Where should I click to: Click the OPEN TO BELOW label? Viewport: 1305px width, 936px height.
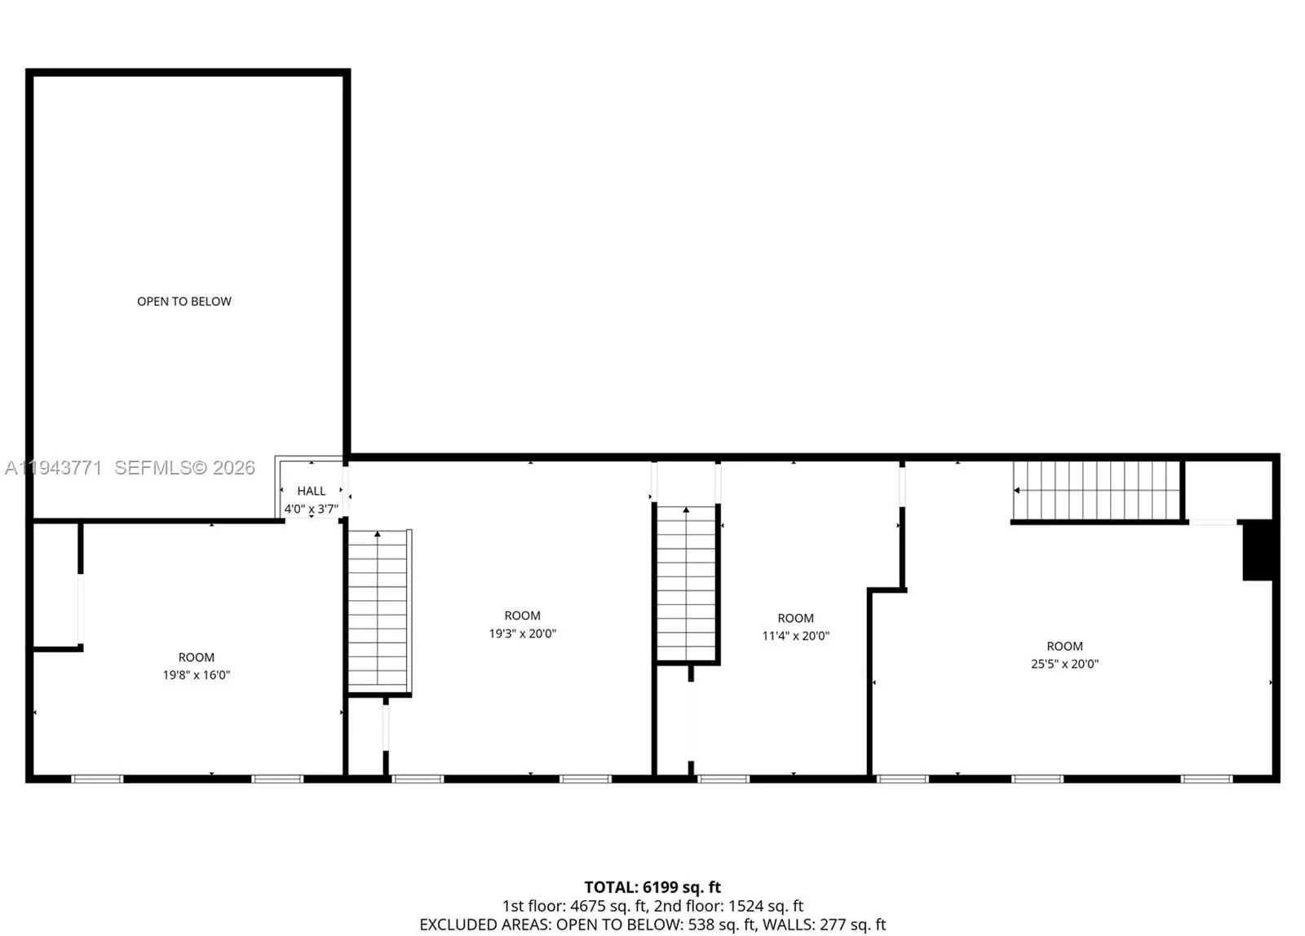point(184,302)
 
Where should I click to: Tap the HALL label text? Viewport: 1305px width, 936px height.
point(311,491)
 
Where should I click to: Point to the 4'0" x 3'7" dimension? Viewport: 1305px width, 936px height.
point(311,509)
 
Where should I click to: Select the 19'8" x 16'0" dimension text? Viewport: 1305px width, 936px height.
point(197,675)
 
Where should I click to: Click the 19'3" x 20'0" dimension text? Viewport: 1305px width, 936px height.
point(522,634)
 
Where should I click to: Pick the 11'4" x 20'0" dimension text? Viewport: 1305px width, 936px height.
point(795,636)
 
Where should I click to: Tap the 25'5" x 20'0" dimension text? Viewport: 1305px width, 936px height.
point(1064,664)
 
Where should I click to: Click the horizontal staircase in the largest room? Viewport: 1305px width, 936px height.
point(1097,490)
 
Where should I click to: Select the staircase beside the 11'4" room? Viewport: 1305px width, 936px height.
point(687,583)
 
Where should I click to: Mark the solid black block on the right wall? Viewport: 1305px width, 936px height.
point(1257,550)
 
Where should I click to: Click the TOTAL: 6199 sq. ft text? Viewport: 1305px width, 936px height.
point(652,887)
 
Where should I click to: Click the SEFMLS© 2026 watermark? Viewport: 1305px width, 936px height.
point(184,468)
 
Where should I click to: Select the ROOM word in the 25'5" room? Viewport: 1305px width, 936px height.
point(1064,646)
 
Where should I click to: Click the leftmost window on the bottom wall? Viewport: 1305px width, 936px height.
point(97,779)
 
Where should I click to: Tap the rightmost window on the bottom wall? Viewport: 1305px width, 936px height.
point(1206,779)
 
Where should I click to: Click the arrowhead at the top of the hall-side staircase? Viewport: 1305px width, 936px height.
point(378,534)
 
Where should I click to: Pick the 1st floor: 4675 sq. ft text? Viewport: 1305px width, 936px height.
point(574,906)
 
